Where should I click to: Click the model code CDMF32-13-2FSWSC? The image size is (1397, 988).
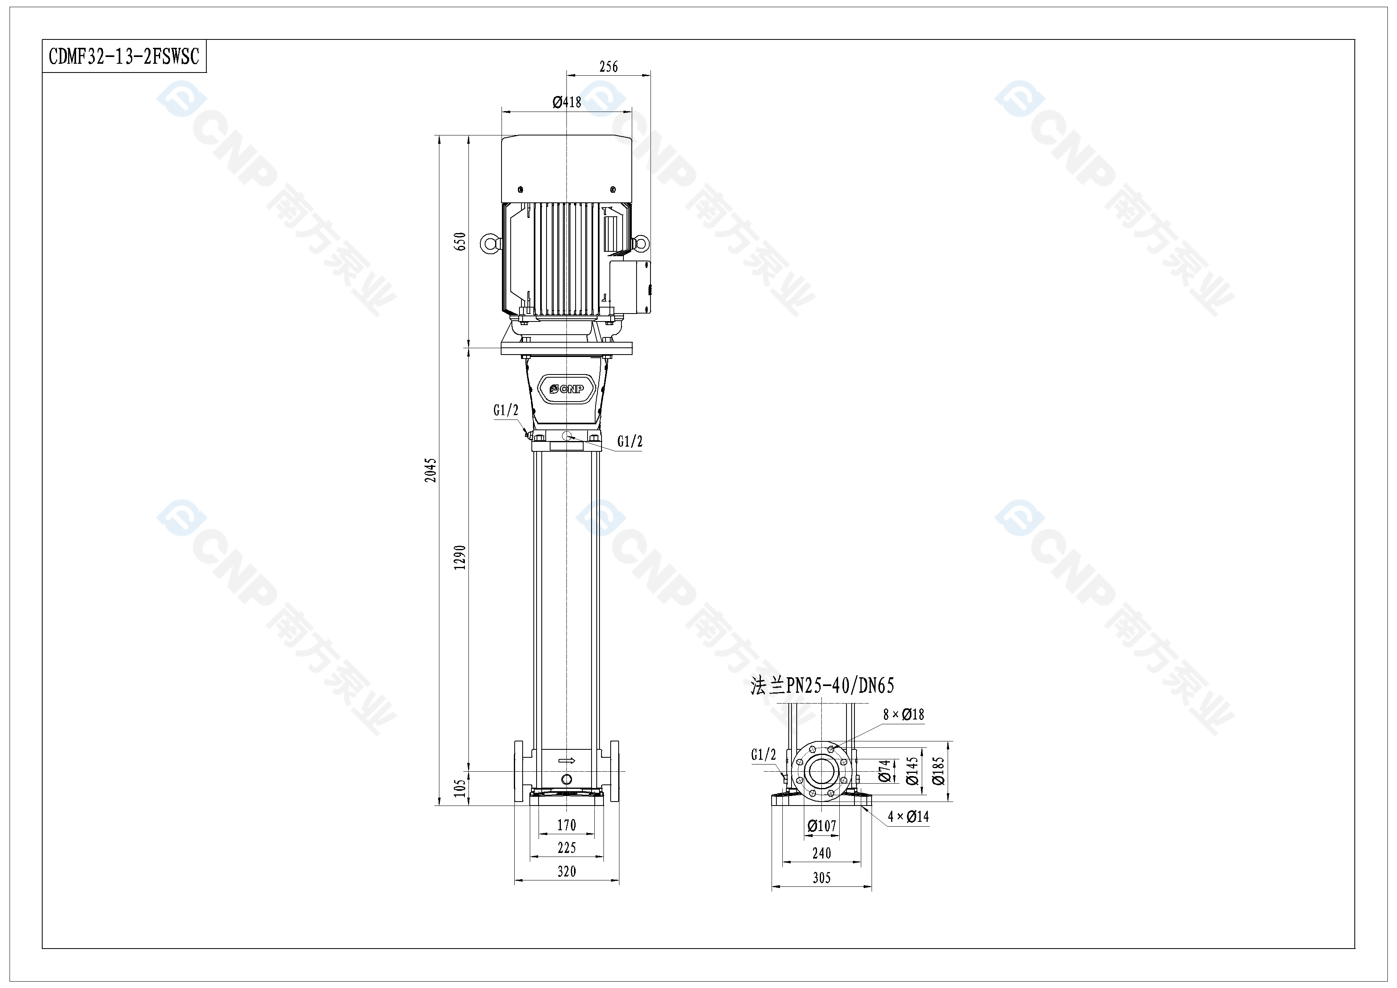tap(124, 57)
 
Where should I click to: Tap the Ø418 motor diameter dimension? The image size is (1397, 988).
tap(566, 102)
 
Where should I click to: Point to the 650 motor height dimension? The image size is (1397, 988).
tap(460, 241)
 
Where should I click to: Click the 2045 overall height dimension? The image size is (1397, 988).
tap(430, 470)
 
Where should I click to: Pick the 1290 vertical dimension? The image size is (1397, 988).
tap(460, 557)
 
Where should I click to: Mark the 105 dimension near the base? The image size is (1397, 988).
tap(460, 788)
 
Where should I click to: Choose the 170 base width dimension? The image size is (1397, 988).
tap(566, 825)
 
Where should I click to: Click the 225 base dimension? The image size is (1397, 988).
tap(566, 847)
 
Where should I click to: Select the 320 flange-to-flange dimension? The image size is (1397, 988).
tap(566, 871)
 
